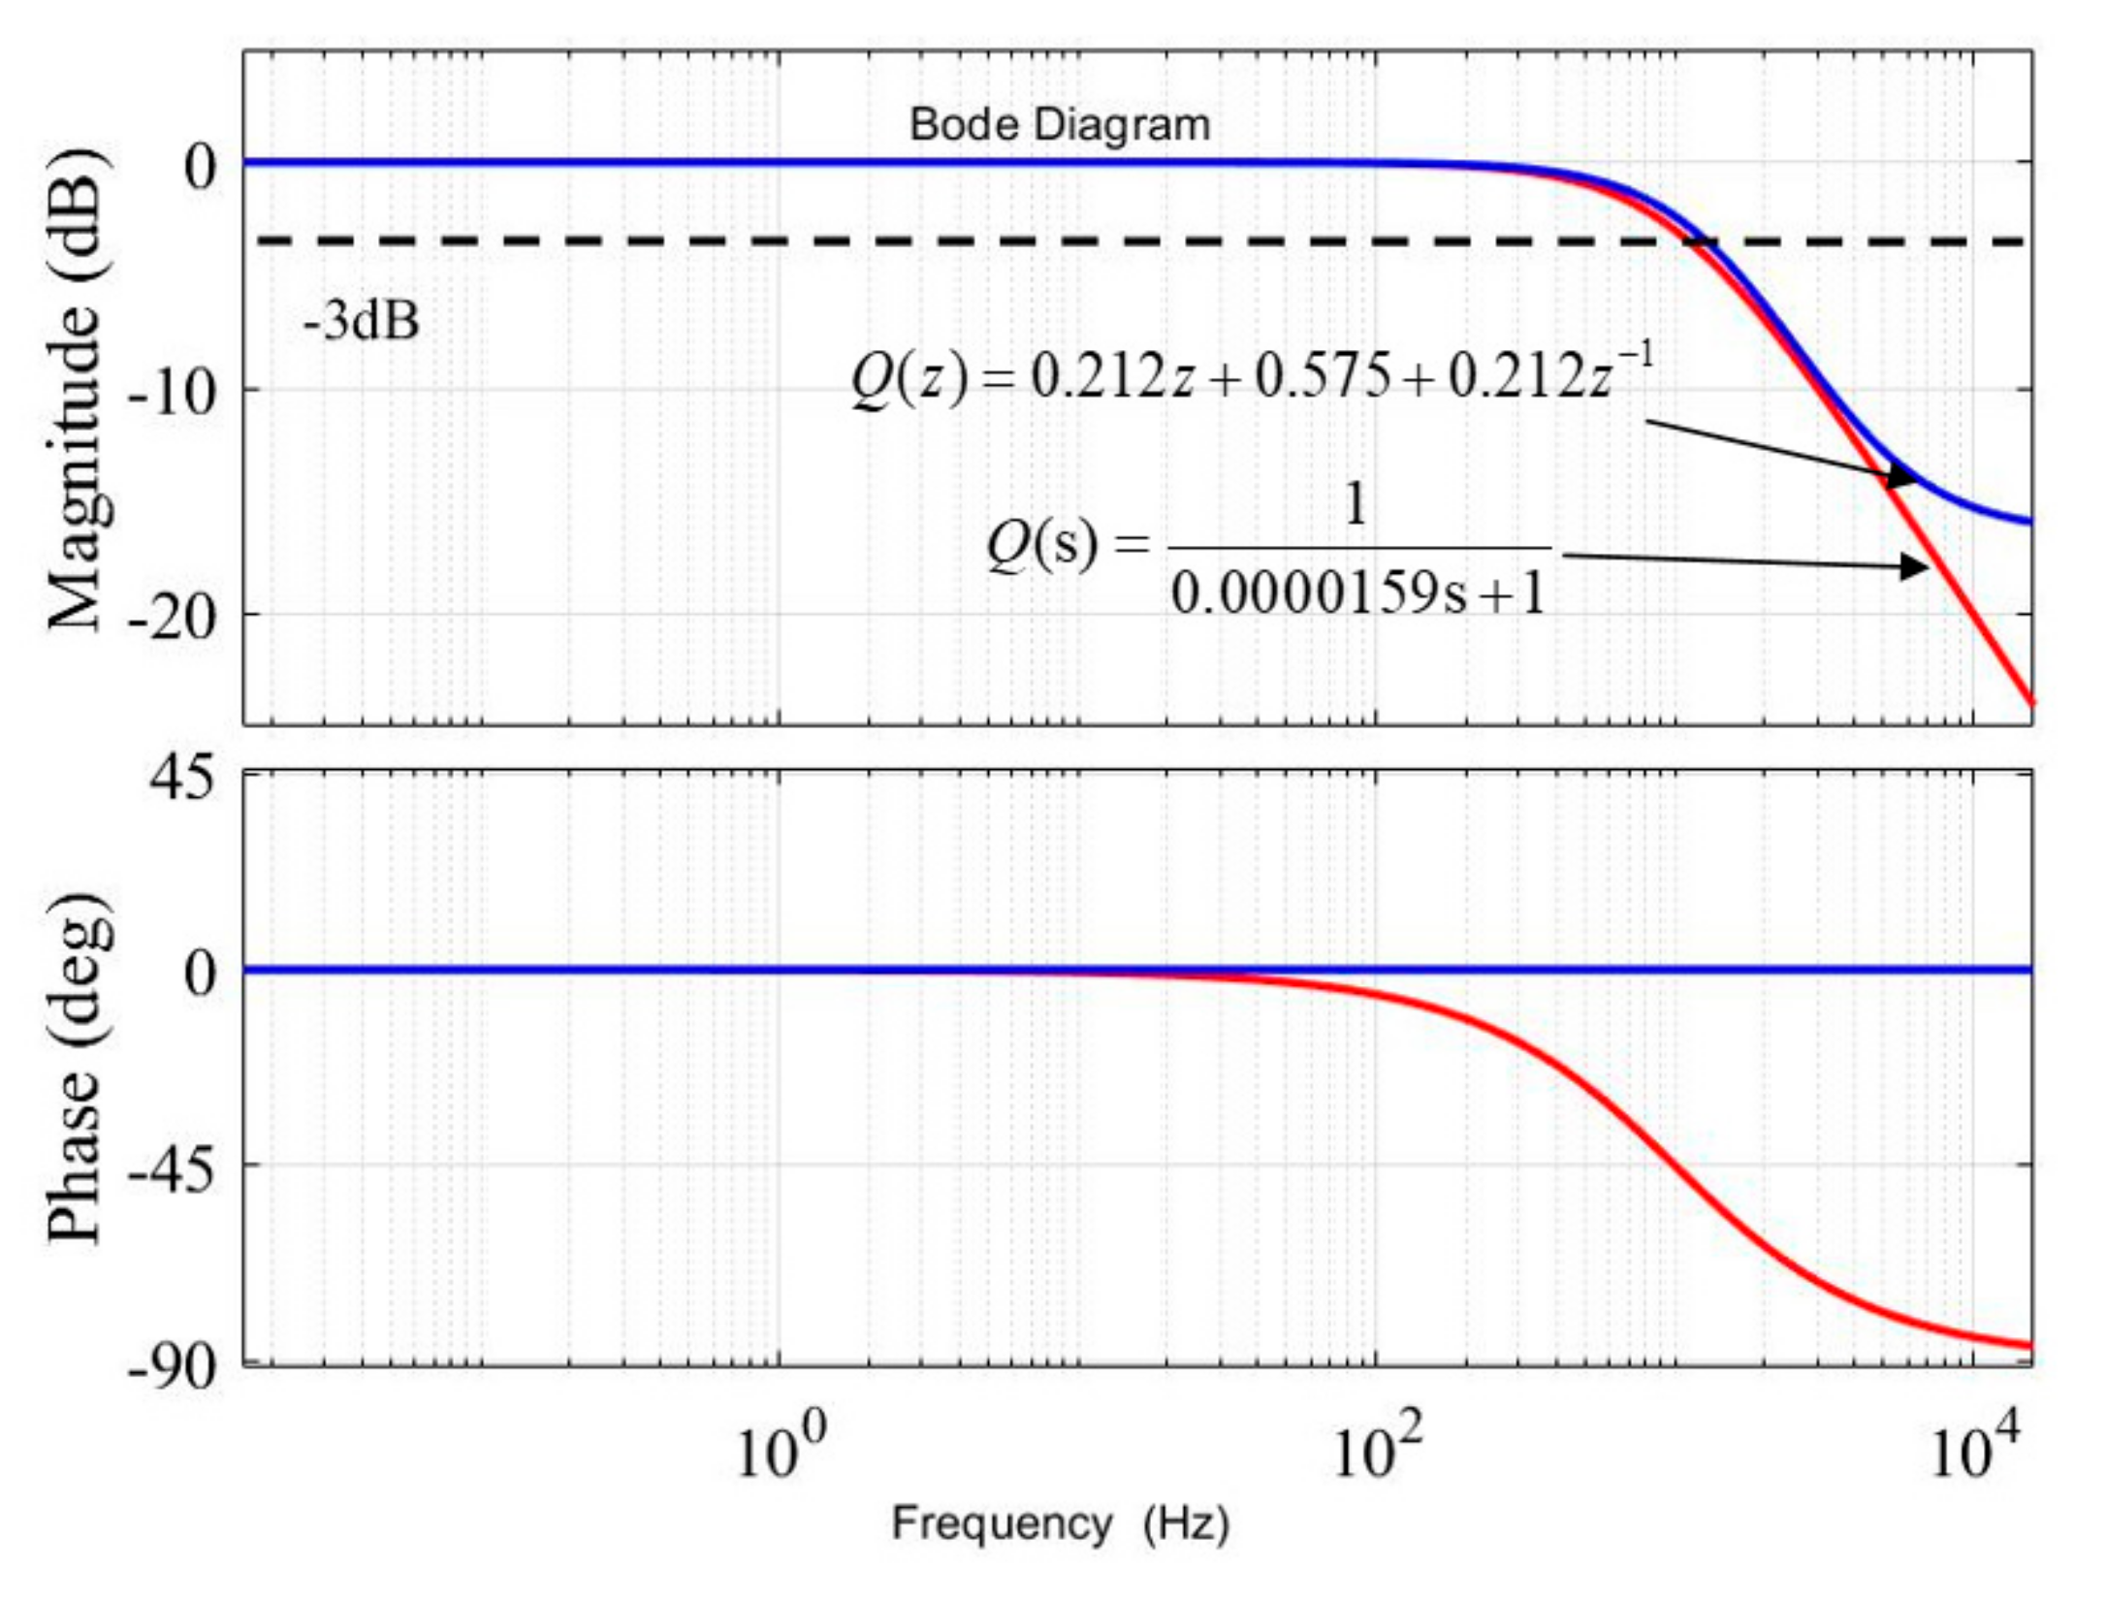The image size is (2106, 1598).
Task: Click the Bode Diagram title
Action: (x=1060, y=126)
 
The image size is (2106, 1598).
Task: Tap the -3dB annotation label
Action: (x=361, y=321)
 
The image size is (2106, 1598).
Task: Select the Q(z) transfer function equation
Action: (x=1251, y=375)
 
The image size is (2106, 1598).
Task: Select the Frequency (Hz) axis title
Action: (x=1060, y=1522)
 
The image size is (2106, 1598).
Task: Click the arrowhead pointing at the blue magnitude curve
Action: (x=1901, y=477)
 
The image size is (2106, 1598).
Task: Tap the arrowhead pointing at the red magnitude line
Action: (x=1914, y=566)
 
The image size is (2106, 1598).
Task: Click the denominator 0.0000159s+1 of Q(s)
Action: (x=1357, y=593)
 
